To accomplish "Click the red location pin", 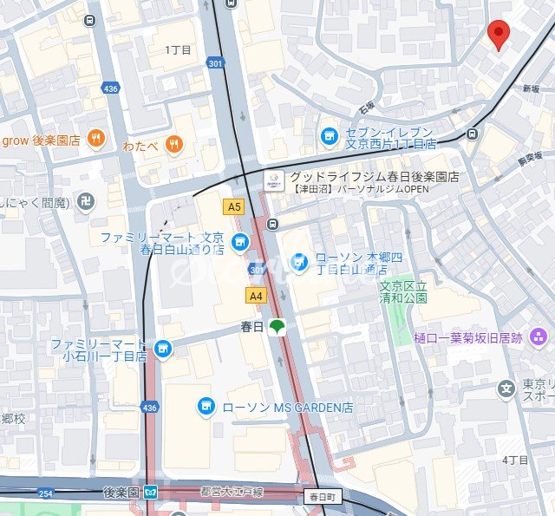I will pyautogui.click(x=498, y=34).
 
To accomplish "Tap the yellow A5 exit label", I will pyautogui.click(x=232, y=206).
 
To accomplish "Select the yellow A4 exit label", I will pyautogui.click(x=255, y=296).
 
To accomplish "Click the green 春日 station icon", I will pyautogui.click(x=277, y=327).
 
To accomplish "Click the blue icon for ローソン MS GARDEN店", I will pyautogui.click(x=206, y=406).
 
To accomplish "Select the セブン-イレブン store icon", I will pyautogui.click(x=329, y=135).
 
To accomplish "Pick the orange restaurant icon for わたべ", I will pyautogui.click(x=174, y=145).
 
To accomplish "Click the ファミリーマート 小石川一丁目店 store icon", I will pyautogui.click(x=162, y=349).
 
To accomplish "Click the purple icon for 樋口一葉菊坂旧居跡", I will pyautogui.click(x=539, y=336).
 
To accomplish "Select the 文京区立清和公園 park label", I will pyautogui.click(x=403, y=291).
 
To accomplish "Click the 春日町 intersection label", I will pyautogui.click(x=325, y=497).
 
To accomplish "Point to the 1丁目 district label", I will pyautogui.click(x=178, y=49).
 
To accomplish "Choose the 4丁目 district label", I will pyautogui.click(x=514, y=460).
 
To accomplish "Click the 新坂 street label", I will pyautogui.click(x=531, y=89).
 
